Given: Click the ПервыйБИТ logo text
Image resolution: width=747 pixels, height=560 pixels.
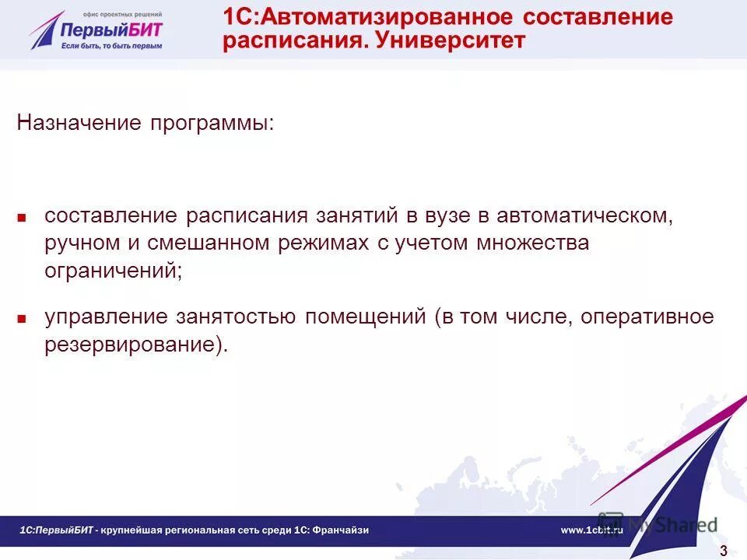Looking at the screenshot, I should (x=112, y=30).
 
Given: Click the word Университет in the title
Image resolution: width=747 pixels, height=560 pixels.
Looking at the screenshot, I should (x=450, y=40).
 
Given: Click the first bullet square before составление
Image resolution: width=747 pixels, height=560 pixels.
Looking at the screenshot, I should (x=23, y=217).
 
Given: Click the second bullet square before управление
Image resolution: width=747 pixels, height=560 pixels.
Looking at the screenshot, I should (x=23, y=318).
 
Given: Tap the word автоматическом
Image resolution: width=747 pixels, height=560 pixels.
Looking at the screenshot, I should (x=584, y=215).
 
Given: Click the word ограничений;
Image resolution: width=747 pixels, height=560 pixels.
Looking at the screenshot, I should (x=114, y=271).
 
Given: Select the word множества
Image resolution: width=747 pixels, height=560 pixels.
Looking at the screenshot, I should (x=524, y=243).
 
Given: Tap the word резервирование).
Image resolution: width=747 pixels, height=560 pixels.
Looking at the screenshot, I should (x=136, y=345).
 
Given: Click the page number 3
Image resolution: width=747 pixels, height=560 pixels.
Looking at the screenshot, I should (x=723, y=551).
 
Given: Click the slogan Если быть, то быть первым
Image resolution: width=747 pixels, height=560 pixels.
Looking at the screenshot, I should (x=112, y=46).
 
